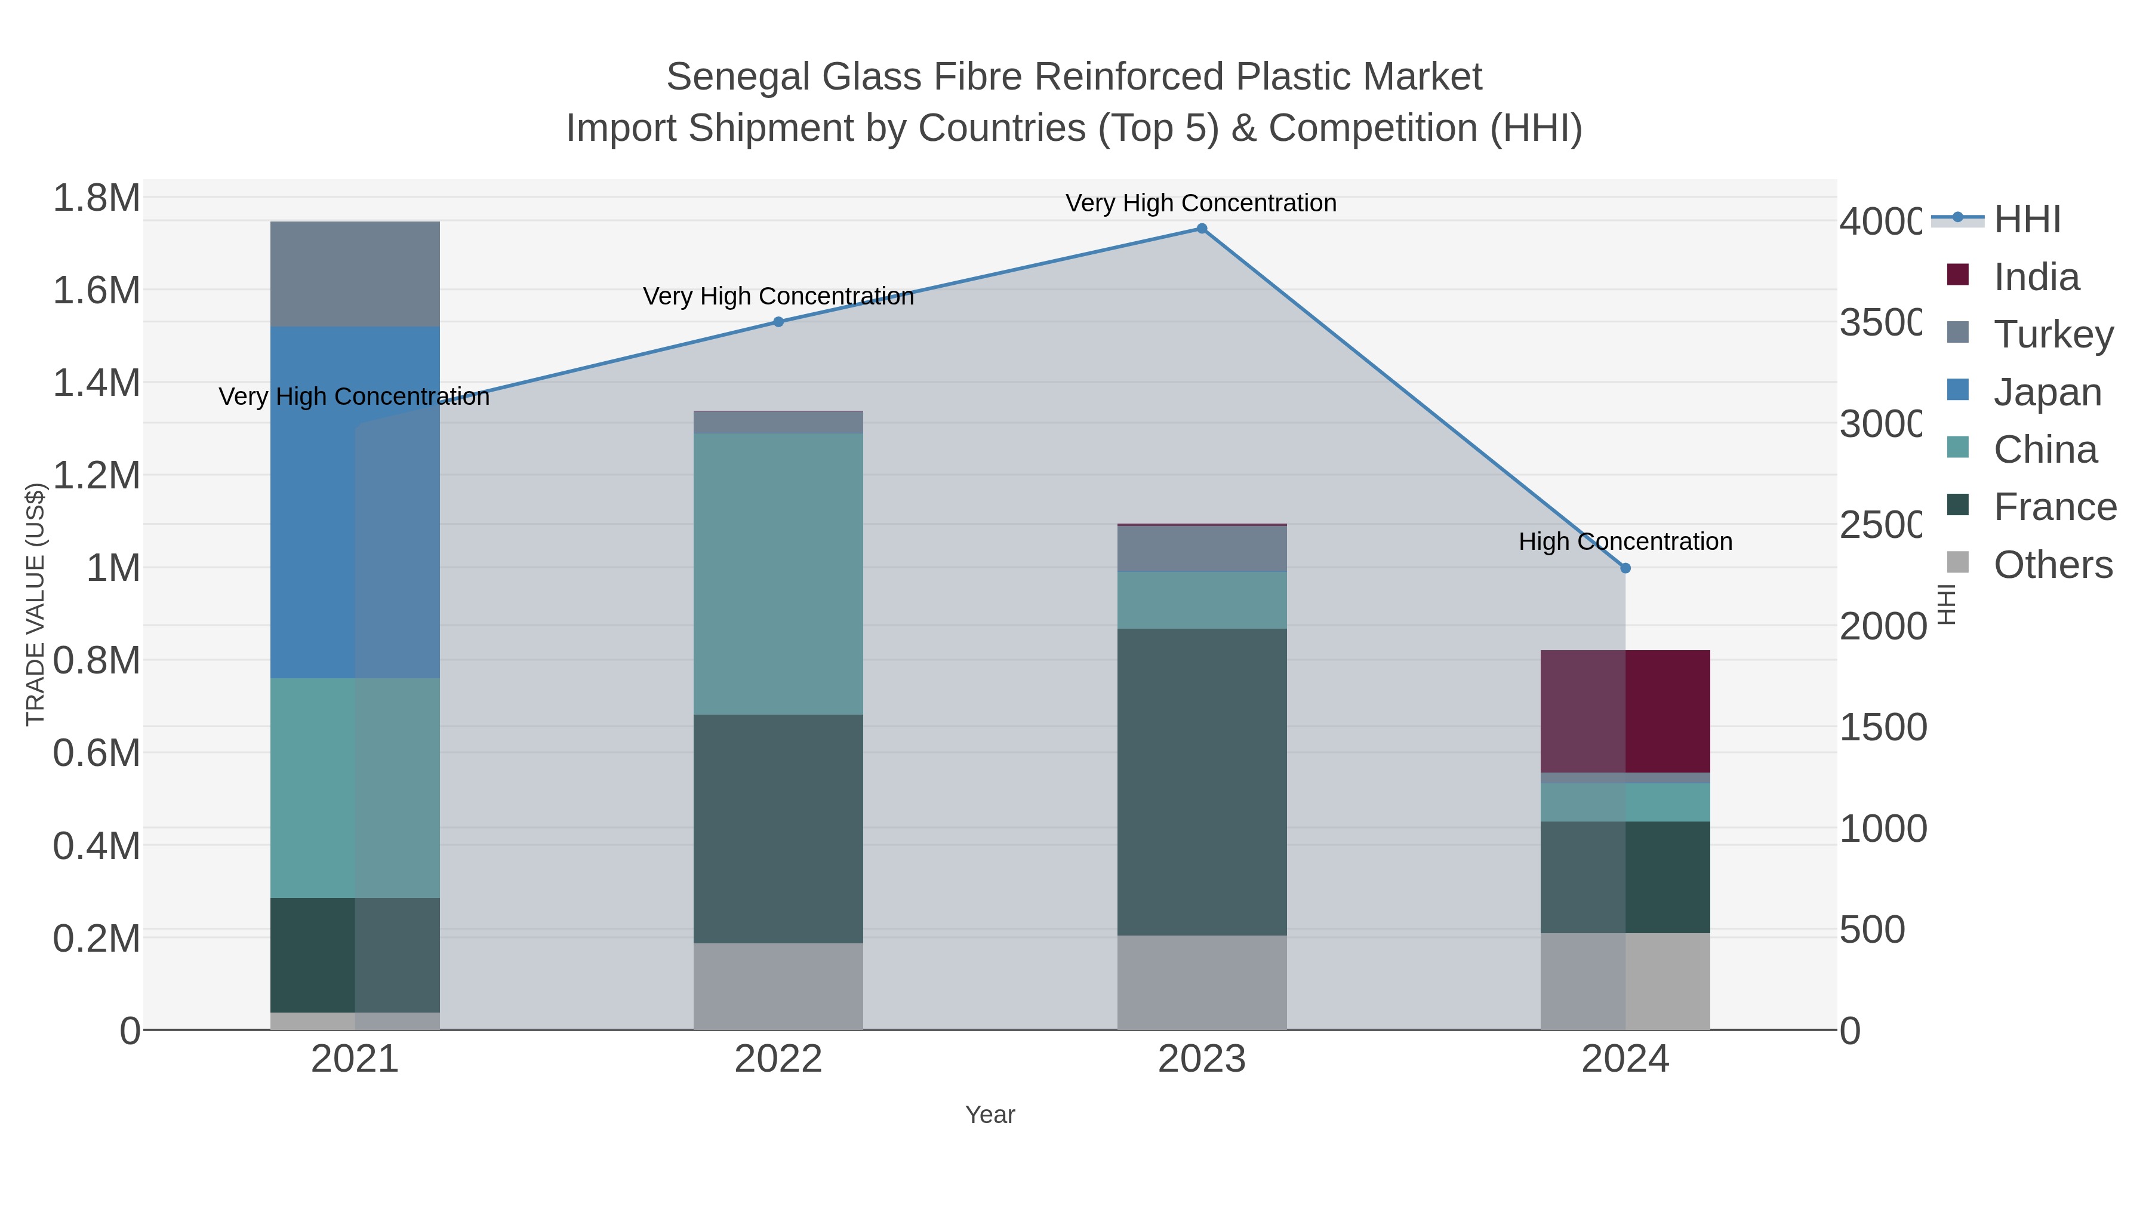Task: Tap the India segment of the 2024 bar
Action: (1625, 711)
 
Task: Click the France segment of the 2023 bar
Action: (1201, 781)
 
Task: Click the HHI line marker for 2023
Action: (1201, 229)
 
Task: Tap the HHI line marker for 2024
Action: (1625, 568)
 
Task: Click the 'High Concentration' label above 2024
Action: (1625, 542)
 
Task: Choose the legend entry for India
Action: (2036, 277)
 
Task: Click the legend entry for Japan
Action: (2046, 392)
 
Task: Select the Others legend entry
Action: (2052, 565)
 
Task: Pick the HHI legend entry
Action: (2027, 220)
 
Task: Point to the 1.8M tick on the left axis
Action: (97, 199)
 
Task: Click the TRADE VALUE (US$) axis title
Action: (35, 604)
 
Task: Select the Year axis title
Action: (989, 1115)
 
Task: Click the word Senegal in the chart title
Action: (738, 77)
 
